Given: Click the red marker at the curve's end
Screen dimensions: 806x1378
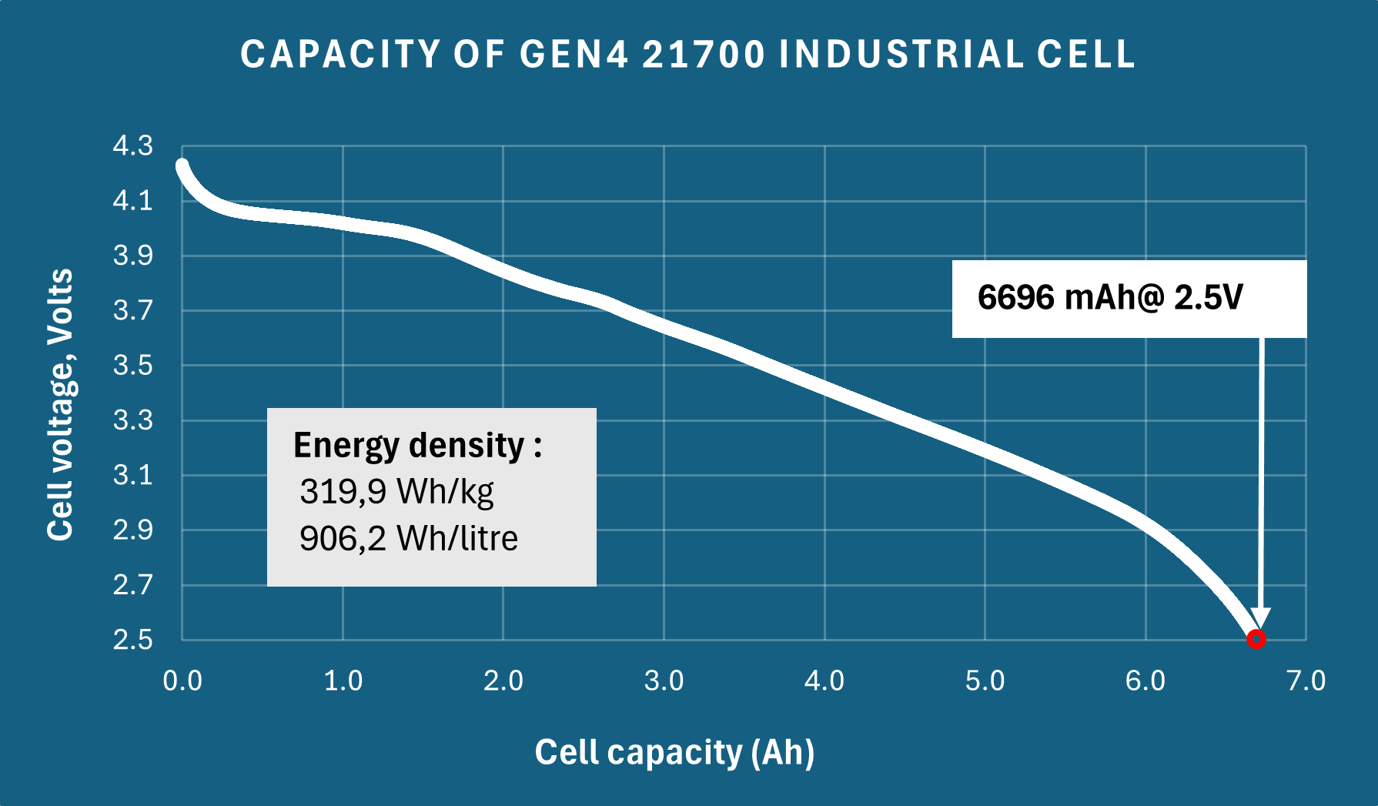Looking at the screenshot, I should point(1256,639).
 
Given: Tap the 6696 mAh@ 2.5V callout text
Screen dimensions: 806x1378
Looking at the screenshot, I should point(1109,298).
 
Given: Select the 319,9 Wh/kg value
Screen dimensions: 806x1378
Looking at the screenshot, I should point(396,491).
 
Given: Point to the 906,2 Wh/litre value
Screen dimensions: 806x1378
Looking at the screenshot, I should point(408,538).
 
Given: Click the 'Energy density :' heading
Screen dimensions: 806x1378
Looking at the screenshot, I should point(417,446).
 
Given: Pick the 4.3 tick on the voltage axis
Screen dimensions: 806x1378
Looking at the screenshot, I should point(133,145).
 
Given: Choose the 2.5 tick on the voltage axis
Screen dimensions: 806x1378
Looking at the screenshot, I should point(133,640).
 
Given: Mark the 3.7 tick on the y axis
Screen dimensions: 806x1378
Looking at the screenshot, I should point(133,310).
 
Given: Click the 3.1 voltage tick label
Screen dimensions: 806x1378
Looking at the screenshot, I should point(133,475).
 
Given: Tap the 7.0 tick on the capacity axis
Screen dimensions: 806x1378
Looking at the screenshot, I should point(1306,681).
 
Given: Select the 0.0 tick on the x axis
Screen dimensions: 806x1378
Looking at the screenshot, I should point(182,681).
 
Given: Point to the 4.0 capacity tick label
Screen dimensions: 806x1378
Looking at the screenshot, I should point(824,681).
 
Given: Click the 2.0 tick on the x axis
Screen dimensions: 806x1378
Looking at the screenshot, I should point(503,681).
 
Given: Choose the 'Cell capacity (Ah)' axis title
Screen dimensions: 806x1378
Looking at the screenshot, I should point(674,752).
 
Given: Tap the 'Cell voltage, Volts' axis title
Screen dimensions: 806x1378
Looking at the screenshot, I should point(60,404).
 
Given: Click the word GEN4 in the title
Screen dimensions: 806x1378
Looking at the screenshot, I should point(574,55).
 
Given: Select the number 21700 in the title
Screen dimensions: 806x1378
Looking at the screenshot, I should point(704,55).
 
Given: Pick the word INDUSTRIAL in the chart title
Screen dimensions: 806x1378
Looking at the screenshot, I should point(901,55).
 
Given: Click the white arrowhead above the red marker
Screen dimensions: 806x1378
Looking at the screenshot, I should point(1260,618).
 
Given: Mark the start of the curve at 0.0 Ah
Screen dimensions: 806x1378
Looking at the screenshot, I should point(182,166).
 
